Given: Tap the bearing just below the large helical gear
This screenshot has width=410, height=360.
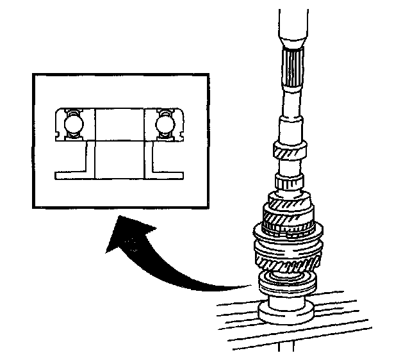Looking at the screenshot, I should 287,282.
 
